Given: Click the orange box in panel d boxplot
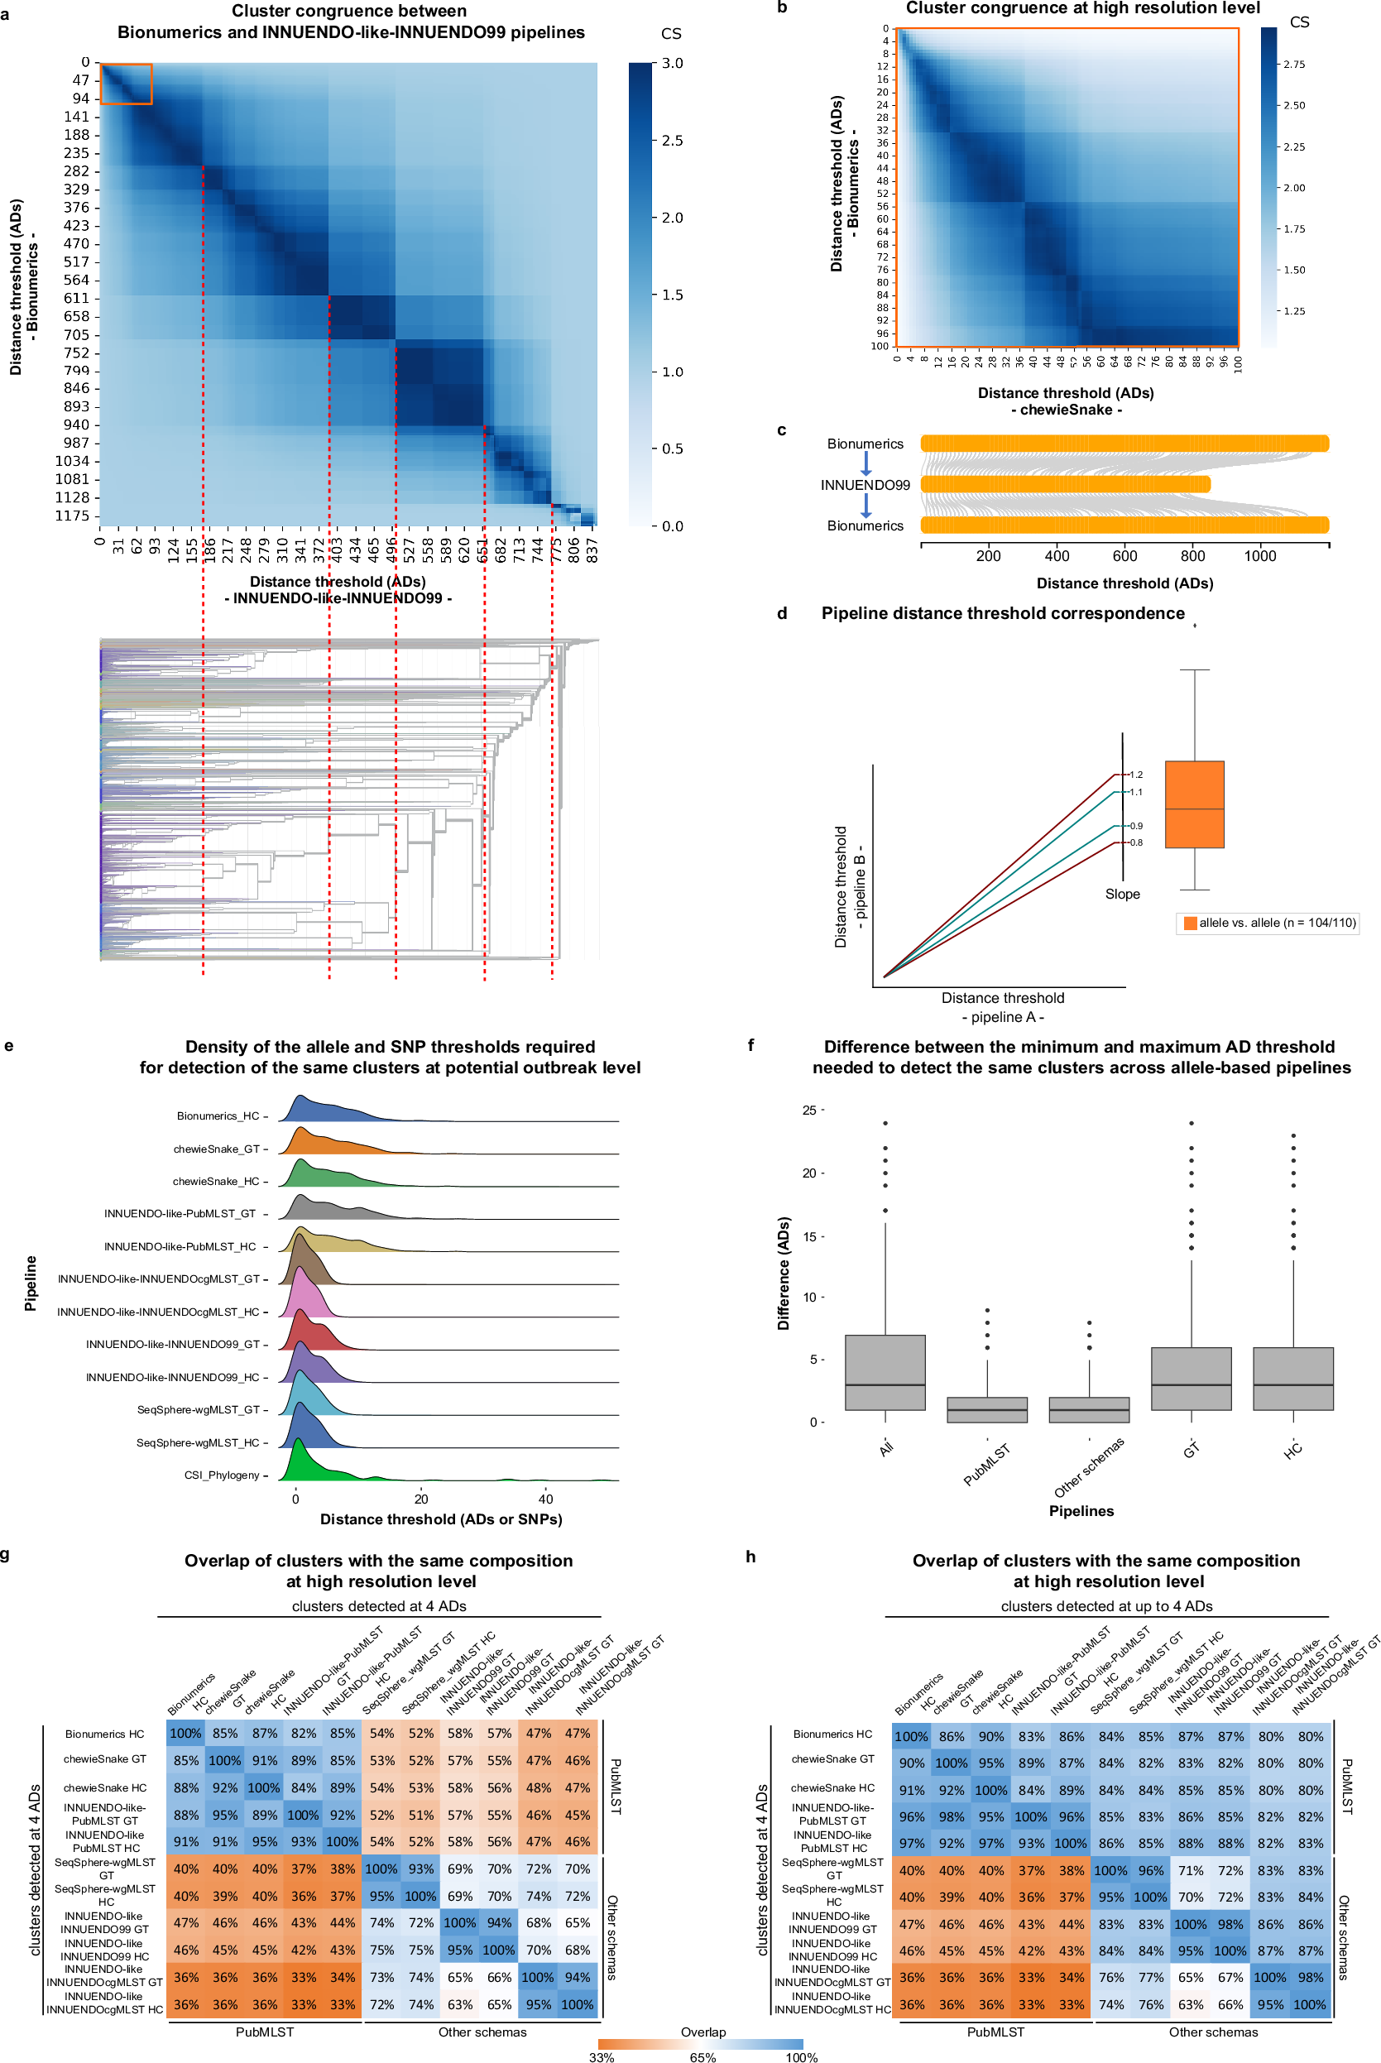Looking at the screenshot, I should coord(1194,804).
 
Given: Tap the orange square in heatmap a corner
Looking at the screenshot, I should coord(126,84).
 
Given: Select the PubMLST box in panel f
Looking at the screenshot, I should coord(986,1409).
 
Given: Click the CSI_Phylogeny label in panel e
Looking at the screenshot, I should coord(222,1475).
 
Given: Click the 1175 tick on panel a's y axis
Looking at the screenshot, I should coord(72,516).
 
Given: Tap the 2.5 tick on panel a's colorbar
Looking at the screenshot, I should coord(672,140).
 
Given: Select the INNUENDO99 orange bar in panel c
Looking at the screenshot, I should coord(1065,483).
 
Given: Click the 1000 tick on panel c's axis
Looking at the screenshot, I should coord(1259,556).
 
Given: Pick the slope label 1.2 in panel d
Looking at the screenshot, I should coord(1136,775).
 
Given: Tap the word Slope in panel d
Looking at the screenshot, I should coord(1122,893).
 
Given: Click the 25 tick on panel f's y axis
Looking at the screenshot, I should coord(808,1110).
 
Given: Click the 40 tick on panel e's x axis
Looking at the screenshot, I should coord(546,1499).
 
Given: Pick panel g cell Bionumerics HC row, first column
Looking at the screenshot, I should coord(186,1733).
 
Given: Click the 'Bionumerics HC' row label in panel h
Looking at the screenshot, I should coord(832,1734).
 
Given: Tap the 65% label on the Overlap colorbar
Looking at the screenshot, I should coord(702,2058).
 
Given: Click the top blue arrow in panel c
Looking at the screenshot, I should coord(866,463).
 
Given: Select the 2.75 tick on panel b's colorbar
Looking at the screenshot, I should coord(1294,65).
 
